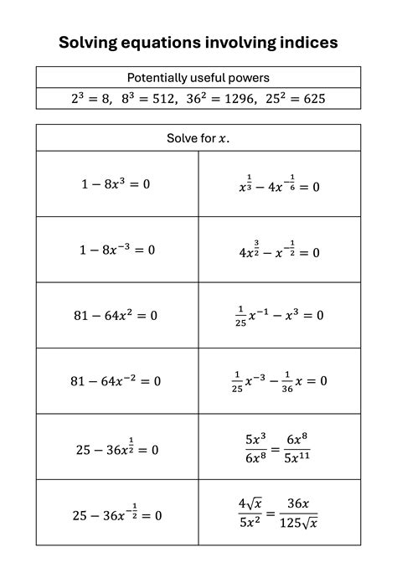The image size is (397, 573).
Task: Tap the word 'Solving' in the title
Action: [x=90, y=43]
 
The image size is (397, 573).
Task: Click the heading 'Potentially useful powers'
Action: [x=198, y=77]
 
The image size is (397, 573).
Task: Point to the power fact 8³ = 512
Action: [x=144, y=98]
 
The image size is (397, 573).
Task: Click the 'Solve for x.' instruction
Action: [x=198, y=138]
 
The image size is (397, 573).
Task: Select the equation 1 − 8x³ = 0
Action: [x=116, y=184]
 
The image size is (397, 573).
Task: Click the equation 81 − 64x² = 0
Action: [x=116, y=316]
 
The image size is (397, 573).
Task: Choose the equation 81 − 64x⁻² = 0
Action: [x=116, y=381]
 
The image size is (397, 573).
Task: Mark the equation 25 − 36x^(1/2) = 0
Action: [x=116, y=448]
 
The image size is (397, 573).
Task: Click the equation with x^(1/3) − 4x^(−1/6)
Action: [x=279, y=185]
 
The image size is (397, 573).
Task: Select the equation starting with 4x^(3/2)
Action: [x=279, y=250]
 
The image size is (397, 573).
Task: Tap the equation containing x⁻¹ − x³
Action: [x=279, y=315]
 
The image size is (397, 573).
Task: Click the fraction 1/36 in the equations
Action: [x=287, y=382]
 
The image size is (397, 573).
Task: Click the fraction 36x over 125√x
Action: [x=300, y=514]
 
